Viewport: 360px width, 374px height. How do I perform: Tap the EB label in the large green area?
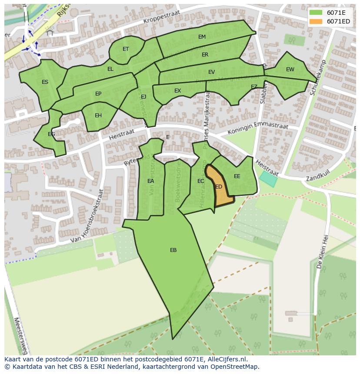(173, 250)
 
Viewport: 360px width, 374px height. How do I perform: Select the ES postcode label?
(45, 82)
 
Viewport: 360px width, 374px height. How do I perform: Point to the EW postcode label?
(290, 70)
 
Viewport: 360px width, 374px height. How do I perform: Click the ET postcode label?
(126, 49)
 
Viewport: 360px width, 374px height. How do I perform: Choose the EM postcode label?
(202, 37)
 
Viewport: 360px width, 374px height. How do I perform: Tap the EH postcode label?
(98, 116)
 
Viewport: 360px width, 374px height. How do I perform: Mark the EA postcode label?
(150, 181)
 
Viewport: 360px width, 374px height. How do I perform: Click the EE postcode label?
(237, 176)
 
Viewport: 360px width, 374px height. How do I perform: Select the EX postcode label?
(177, 91)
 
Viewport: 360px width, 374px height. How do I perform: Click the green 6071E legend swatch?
(316, 13)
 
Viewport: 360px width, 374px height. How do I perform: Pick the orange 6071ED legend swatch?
(316, 21)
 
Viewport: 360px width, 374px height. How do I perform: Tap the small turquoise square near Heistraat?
(268, 179)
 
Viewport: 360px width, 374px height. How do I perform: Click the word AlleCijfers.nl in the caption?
(225, 359)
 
